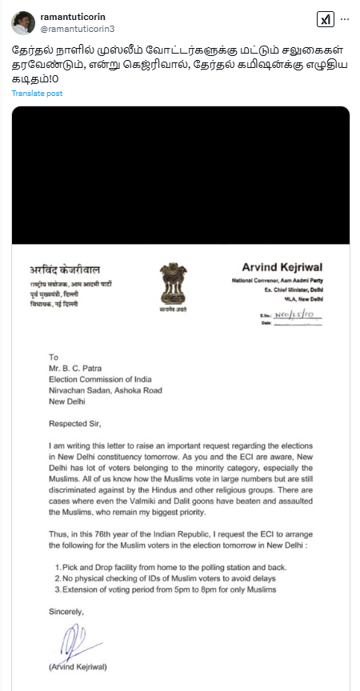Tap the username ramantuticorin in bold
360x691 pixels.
tap(73, 15)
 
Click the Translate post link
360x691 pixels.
tap(37, 94)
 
